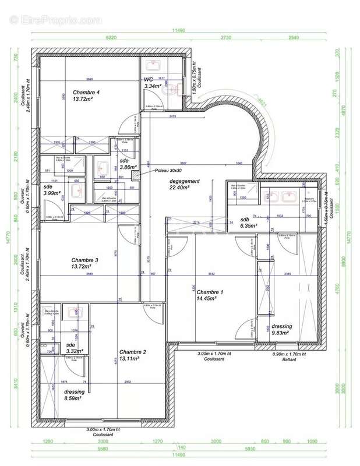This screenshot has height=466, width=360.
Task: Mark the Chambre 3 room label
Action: coord(84,263)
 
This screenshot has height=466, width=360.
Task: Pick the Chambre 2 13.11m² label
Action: coord(133,355)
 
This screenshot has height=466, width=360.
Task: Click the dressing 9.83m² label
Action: coord(282,330)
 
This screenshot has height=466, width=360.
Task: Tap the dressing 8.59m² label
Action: coord(75,396)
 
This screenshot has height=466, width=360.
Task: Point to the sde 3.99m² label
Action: coord(52,190)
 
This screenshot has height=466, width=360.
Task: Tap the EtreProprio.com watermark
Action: coord(55,19)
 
